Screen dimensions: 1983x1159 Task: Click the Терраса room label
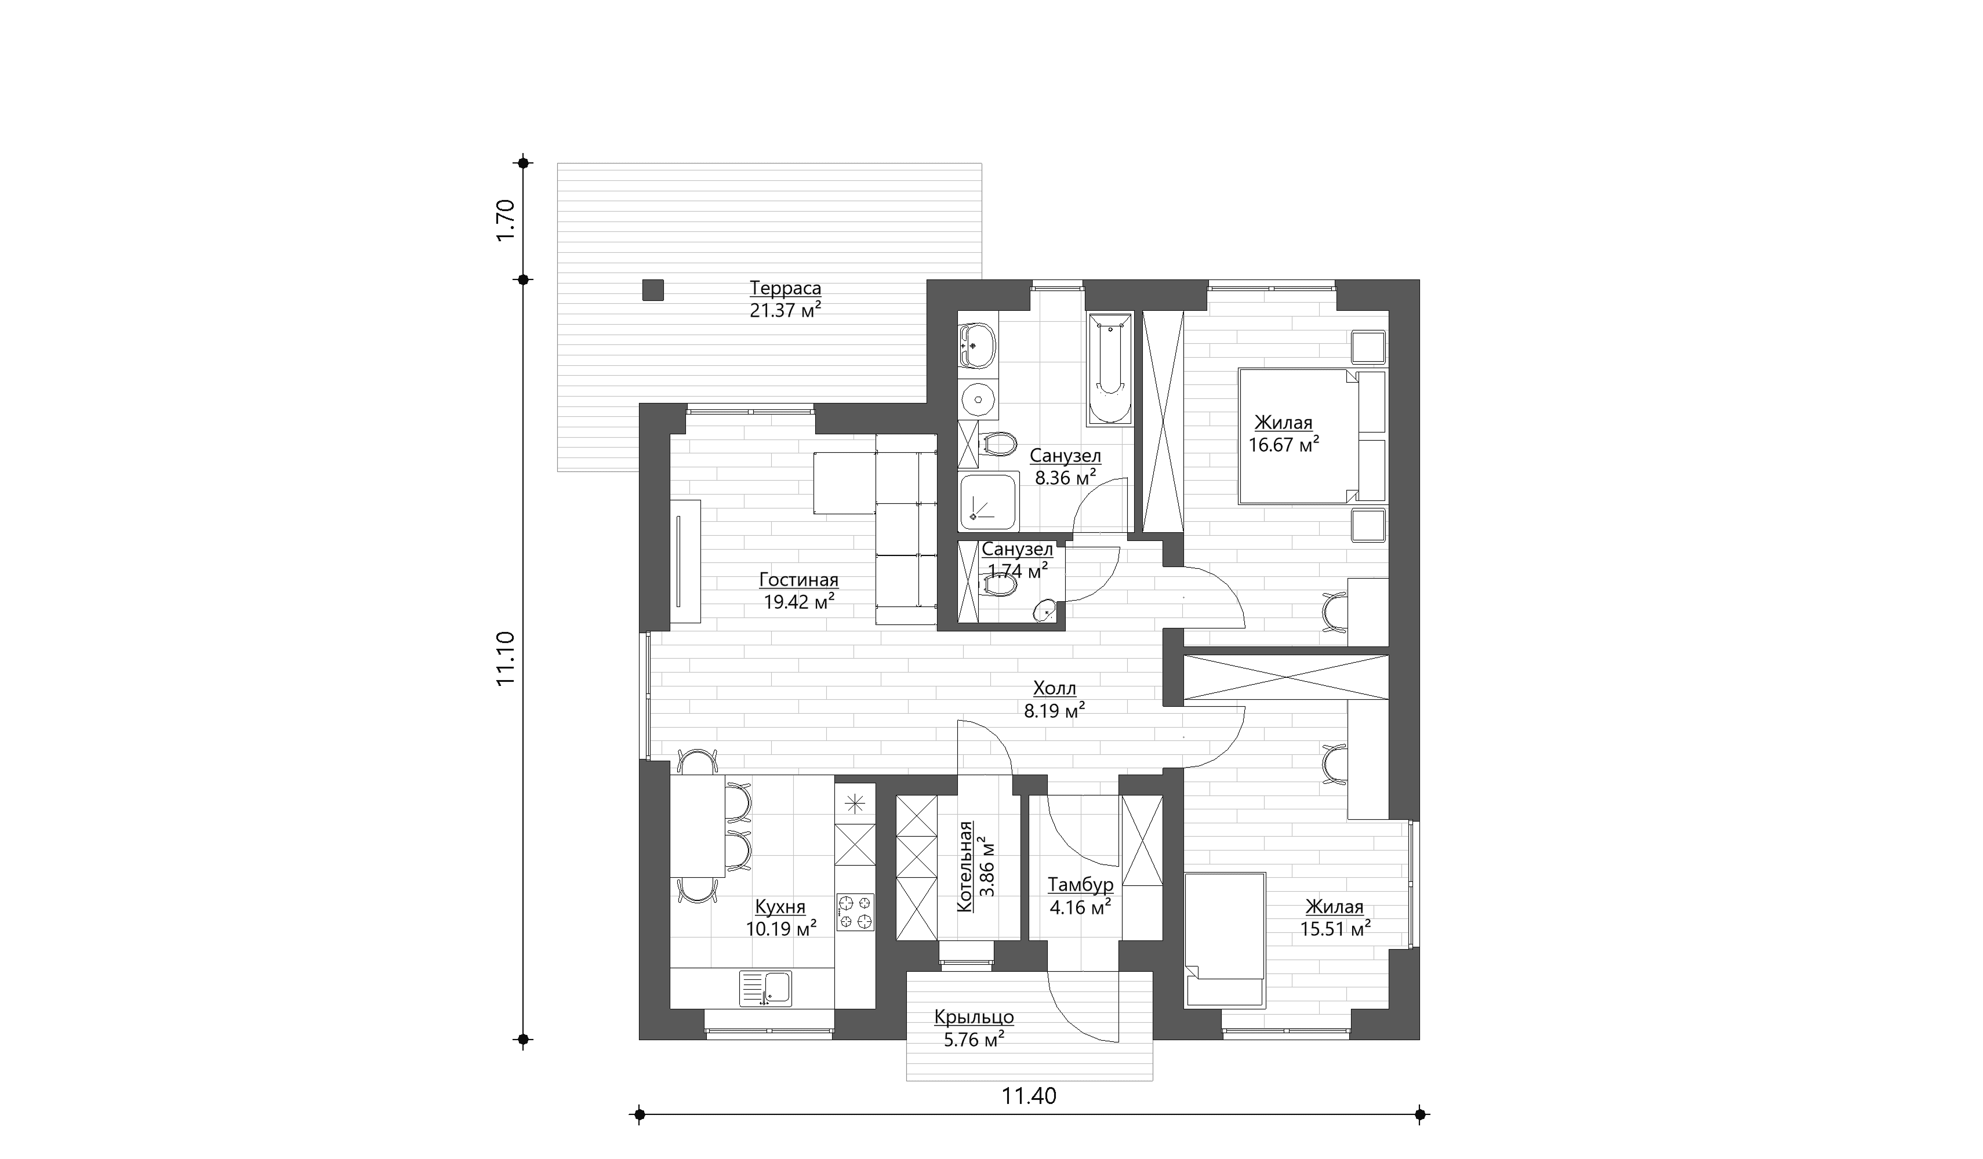coord(785,288)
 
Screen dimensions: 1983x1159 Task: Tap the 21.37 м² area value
coord(785,310)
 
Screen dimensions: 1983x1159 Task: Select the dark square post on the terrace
coord(652,290)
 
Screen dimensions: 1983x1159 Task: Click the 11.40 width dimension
coord(1029,1095)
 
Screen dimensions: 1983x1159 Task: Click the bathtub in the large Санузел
coord(1110,368)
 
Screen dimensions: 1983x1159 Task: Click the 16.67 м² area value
coord(1284,445)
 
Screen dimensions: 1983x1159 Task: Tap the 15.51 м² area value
coord(1335,929)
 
